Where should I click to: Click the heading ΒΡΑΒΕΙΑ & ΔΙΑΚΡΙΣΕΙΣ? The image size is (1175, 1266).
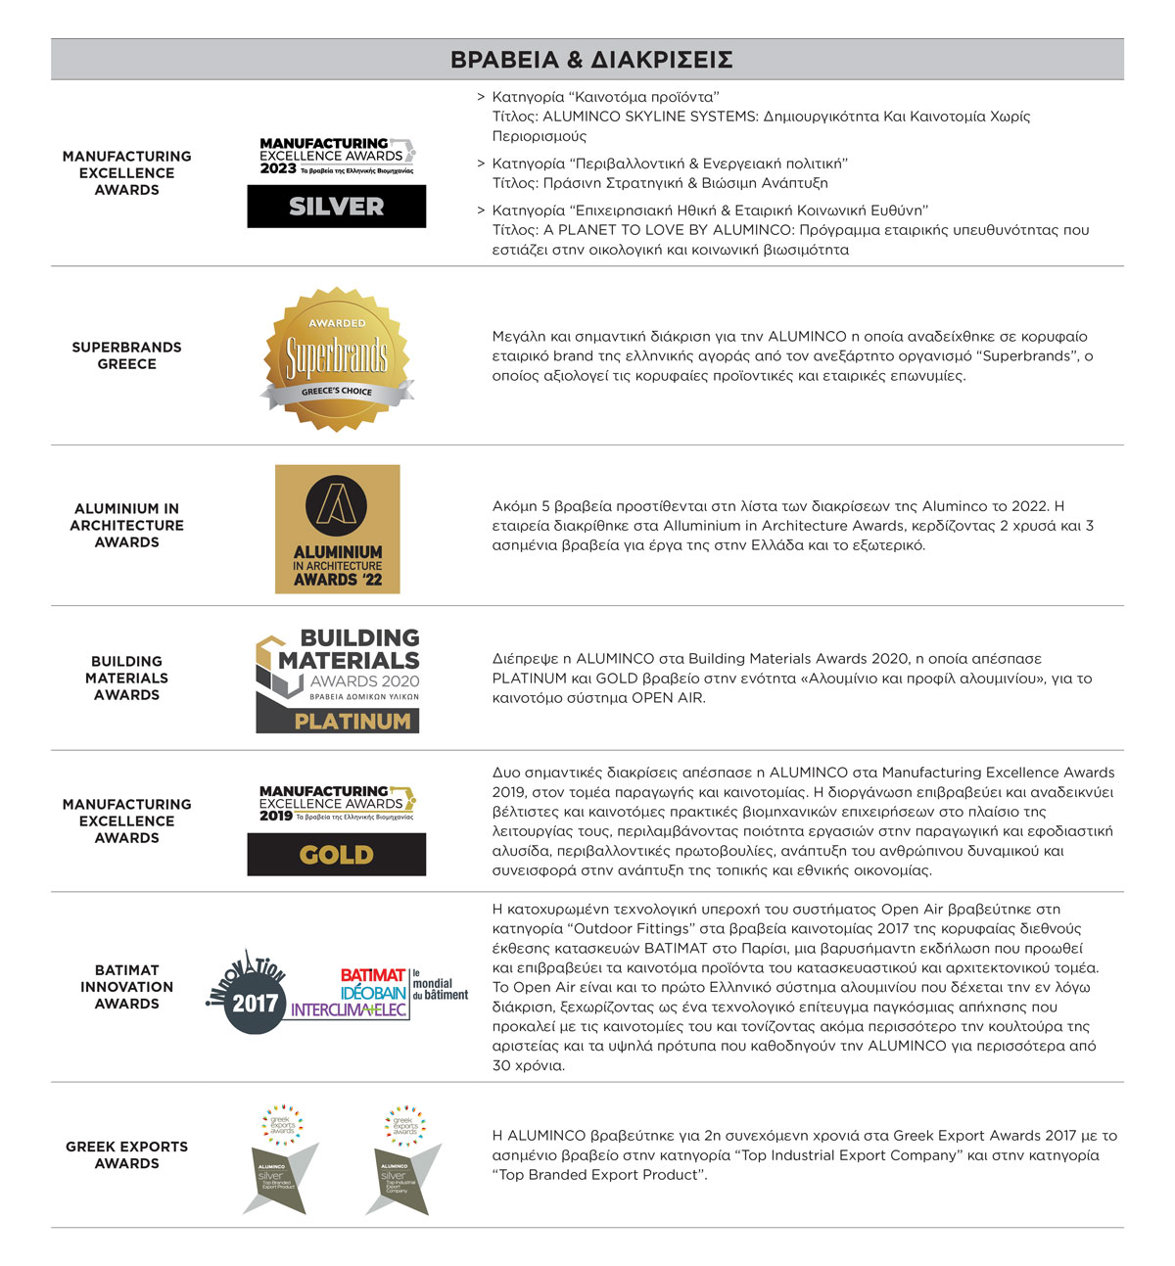point(591,60)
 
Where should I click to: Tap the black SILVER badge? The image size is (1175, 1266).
point(336,207)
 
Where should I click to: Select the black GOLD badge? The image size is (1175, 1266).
point(336,855)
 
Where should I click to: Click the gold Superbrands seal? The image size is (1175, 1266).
point(337,357)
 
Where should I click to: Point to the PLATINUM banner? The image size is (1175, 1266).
point(352,722)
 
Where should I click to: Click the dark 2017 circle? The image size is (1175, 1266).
point(255,1004)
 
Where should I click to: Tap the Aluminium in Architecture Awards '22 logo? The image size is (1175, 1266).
point(338,529)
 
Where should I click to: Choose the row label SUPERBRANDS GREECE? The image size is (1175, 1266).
point(126,355)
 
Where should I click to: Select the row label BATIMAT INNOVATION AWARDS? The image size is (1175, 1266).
point(126,987)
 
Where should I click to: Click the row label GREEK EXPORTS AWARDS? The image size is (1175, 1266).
point(126,1155)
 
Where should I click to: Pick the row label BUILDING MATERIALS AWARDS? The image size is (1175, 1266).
point(126,678)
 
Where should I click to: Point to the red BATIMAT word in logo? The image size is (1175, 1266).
point(372,975)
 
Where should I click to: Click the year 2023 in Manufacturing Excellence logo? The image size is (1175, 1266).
point(278,168)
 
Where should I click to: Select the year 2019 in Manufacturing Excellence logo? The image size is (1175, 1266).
point(276,816)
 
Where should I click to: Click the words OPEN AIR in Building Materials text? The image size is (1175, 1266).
point(668,698)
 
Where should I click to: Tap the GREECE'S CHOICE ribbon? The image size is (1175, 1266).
point(337,392)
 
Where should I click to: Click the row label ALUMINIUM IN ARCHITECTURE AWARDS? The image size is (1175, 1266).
point(126,525)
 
